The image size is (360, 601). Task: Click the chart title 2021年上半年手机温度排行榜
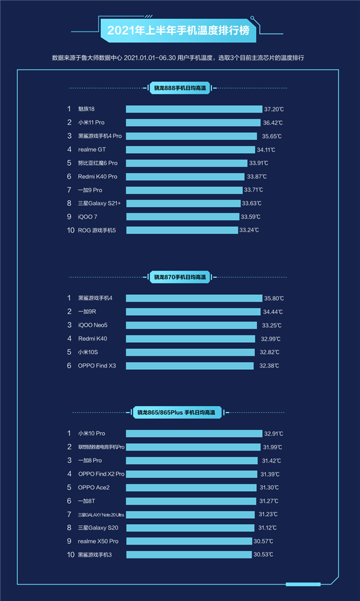pyautogui.click(x=179, y=30)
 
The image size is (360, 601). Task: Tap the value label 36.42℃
pyautogui.click(x=272, y=122)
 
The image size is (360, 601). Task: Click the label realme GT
pyautogui.click(x=92, y=149)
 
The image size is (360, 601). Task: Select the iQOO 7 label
pyautogui.click(x=88, y=217)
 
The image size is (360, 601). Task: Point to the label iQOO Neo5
pyautogui.click(x=94, y=325)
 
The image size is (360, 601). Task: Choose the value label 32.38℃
pyautogui.click(x=269, y=366)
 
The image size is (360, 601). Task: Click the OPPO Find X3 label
pyautogui.click(x=97, y=366)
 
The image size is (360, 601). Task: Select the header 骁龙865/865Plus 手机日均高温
pyautogui.click(x=176, y=412)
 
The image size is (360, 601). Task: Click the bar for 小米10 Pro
pyautogui.click(x=194, y=433)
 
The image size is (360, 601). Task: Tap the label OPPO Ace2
pyautogui.click(x=94, y=488)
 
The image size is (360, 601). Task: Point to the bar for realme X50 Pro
pyautogui.click(x=189, y=541)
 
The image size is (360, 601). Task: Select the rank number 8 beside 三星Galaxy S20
pyautogui.click(x=69, y=528)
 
